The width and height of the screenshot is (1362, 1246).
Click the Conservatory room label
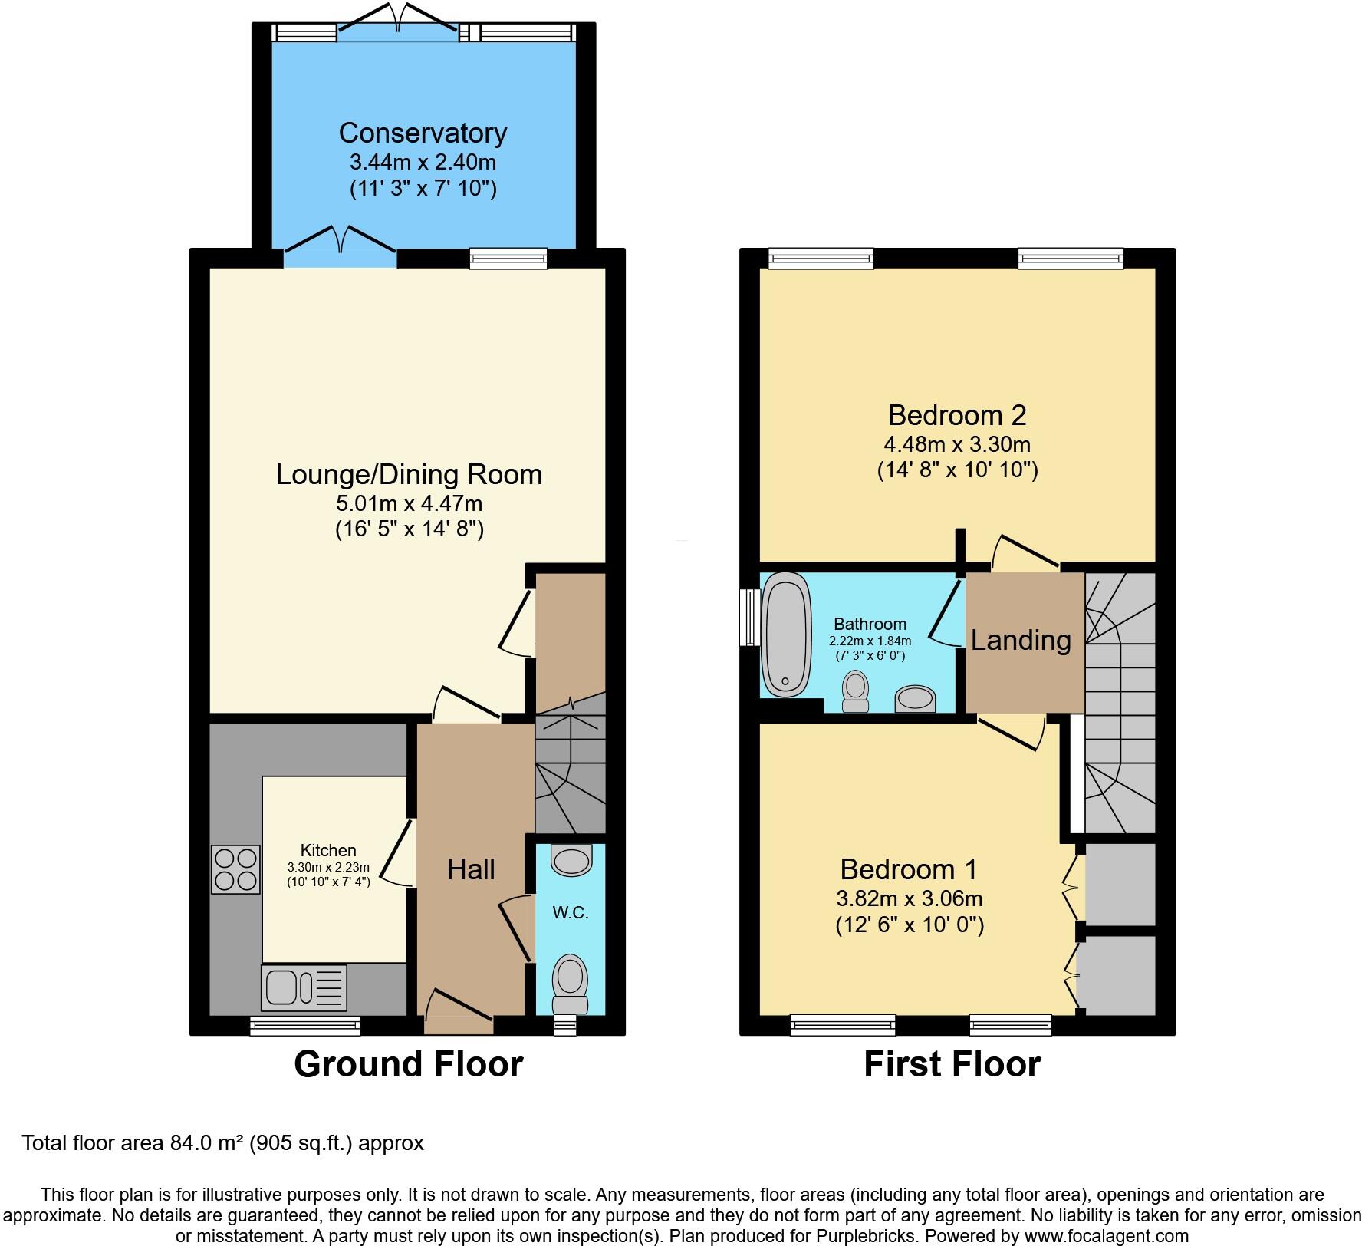tap(423, 133)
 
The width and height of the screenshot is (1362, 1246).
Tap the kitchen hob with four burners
tap(235, 869)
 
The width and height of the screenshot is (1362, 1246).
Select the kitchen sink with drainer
tap(304, 987)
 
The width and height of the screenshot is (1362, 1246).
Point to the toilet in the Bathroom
tap(854, 690)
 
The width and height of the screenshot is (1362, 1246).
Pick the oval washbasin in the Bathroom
tap(916, 699)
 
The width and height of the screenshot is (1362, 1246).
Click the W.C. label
tap(571, 913)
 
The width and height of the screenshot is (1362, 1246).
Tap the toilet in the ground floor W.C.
tap(570, 983)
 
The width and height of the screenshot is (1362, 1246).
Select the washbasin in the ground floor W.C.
tap(572, 861)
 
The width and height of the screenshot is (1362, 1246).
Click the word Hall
tap(471, 869)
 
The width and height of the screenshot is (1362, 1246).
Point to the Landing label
tap(1021, 640)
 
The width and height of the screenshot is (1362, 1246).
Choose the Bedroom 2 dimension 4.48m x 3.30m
tap(957, 444)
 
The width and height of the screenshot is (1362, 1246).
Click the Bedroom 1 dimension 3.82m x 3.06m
tap(910, 898)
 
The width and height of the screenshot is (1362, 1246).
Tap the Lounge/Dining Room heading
tap(409, 474)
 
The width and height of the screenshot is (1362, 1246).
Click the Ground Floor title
tap(408, 1064)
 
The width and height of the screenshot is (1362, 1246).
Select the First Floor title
tap(952, 1064)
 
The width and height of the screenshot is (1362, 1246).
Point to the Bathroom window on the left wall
tap(745, 617)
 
